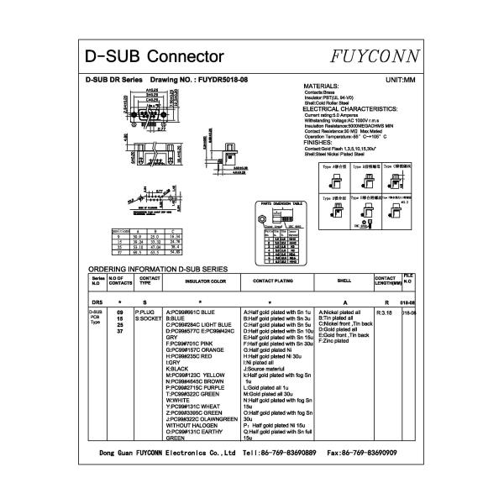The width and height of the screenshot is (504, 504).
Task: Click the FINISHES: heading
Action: click(x=322, y=143)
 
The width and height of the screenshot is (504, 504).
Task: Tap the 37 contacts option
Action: click(x=119, y=332)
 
